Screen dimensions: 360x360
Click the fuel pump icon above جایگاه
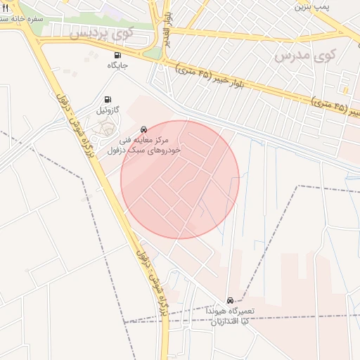coord(117,55)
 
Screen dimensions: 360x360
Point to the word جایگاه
coord(117,65)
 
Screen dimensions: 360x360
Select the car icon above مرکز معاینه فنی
coord(143,129)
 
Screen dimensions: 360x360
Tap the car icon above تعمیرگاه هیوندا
coord(231,300)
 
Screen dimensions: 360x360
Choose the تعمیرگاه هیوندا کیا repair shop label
coord(232,315)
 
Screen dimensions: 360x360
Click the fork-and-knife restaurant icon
coord(6,8)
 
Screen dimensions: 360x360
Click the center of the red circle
coord(180,179)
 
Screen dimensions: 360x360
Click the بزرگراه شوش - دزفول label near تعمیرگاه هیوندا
coord(155,281)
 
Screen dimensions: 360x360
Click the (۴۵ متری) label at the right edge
coord(336,108)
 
